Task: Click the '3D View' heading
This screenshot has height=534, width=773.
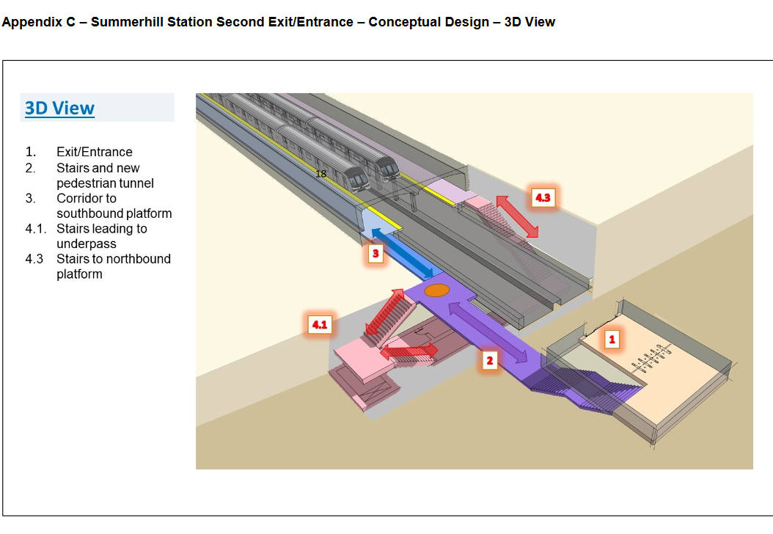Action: pyautogui.click(x=59, y=109)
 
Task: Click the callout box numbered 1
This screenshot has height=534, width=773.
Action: pyautogui.click(x=611, y=339)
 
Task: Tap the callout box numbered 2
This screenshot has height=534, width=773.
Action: pyautogui.click(x=489, y=360)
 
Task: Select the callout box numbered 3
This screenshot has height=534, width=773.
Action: pyautogui.click(x=375, y=255)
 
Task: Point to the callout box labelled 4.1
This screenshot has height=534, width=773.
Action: pyautogui.click(x=319, y=324)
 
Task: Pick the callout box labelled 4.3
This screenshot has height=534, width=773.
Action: pyautogui.click(x=542, y=198)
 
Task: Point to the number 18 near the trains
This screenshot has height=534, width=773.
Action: pyautogui.click(x=320, y=174)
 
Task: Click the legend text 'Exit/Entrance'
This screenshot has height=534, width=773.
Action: pyautogui.click(x=95, y=152)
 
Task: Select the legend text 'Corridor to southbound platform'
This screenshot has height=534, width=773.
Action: pyautogui.click(x=114, y=206)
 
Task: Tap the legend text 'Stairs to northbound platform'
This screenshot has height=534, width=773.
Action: pyautogui.click(x=113, y=266)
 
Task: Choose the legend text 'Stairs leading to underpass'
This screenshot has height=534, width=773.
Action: pyautogui.click(x=101, y=236)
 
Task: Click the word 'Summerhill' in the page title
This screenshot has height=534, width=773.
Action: pyautogui.click(x=129, y=22)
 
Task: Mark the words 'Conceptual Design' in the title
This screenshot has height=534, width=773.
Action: pyautogui.click(x=428, y=22)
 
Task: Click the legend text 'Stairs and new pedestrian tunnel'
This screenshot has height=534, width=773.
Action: pyautogui.click(x=105, y=175)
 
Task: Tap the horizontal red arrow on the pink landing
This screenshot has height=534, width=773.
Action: pyautogui.click(x=409, y=351)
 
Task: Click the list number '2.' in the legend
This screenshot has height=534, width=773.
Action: pyautogui.click(x=31, y=168)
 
